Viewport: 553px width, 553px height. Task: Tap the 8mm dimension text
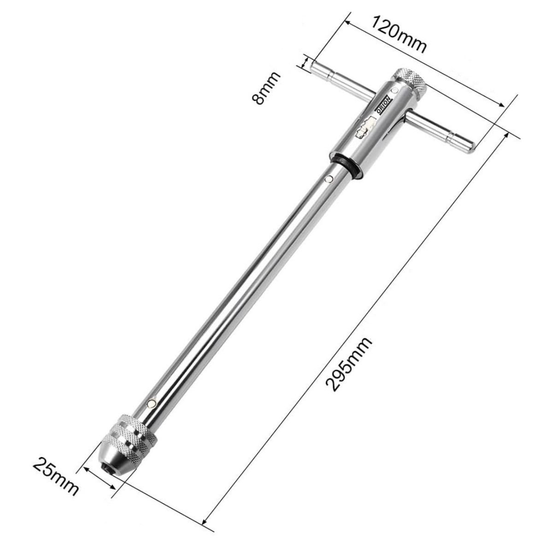tap(266, 88)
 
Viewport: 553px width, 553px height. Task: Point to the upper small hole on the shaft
tap(328, 179)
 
